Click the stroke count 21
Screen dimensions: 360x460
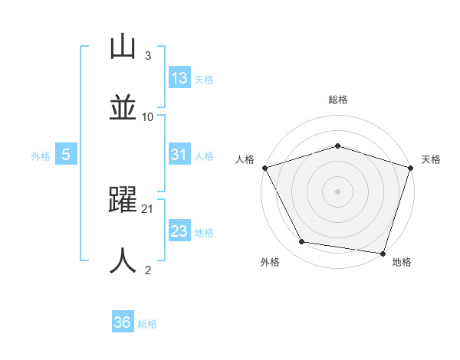click(148, 208)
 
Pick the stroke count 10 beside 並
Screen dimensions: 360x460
click(148, 116)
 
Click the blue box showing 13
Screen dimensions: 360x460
click(179, 78)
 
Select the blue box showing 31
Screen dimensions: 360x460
click(179, 155)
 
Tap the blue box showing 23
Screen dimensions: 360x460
click(179, 232)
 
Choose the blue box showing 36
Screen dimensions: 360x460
click(123, 322)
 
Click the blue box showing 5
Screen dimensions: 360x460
click(66, 155)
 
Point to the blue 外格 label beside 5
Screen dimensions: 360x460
click(41, 156)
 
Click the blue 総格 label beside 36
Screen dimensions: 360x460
click(147, 324)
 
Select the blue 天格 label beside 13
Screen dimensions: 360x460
click(204, 79)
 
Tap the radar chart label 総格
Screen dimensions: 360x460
click(337, 100)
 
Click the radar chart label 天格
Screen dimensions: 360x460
click(432, 159)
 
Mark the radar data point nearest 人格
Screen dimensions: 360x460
click(264, 168)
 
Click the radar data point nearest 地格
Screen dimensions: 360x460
click(383, 253)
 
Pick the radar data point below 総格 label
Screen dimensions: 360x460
click(337, 146)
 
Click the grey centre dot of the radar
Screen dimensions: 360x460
click(337, 191)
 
